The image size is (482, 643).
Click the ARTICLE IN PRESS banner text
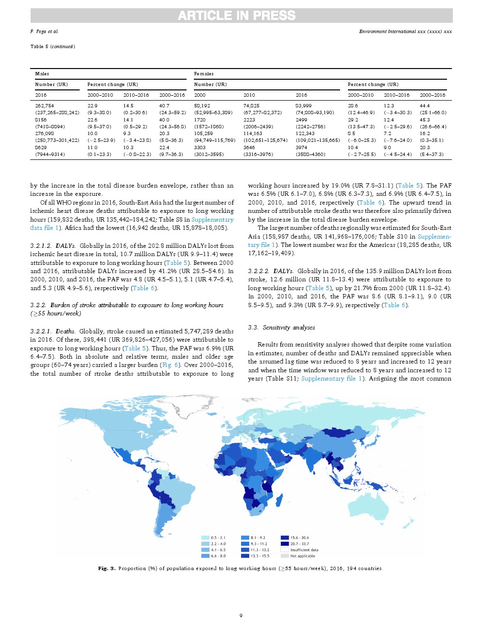coord(237,16)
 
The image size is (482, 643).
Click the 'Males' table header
coord(42,74)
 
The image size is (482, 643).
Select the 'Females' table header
coord(204,74)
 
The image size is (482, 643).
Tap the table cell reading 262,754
coord(45,105)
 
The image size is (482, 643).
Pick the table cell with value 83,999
coord(304,105)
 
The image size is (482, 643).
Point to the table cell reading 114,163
coord(253,133)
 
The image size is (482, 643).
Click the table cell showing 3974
coord(301,147)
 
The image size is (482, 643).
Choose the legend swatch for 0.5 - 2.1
coord(205,538)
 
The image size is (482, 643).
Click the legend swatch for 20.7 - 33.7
coord(285,544)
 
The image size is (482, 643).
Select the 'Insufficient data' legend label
coord(304,550)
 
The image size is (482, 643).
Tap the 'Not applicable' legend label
coord(303,556)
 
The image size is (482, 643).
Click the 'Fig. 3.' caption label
coord(107,568)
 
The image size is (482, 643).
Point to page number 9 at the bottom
coord(241,616)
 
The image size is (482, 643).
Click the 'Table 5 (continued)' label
coord(53,47)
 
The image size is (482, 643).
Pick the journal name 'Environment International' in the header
coord(387,32)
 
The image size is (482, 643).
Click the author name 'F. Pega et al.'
coord(44,32)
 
